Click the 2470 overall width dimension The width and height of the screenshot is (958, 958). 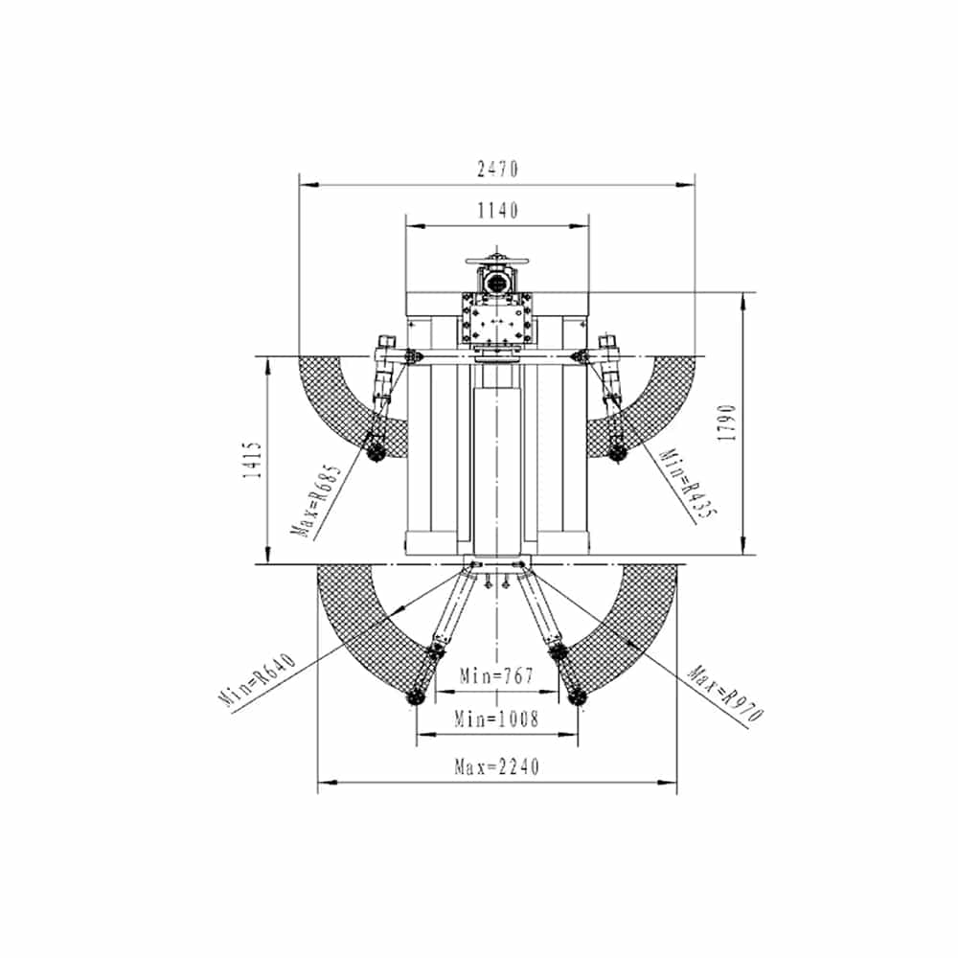pyautogui.click(x=497, y=169)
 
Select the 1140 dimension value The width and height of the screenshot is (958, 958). pyautogui.click(x=497, y=211)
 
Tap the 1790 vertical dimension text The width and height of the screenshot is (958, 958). pyautogui.click(x=728, y=422)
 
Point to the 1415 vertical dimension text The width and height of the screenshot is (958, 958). pyautogui.click(x=252, y=460)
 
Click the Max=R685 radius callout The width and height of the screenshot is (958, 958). pyautogui.click(x=318, y=502)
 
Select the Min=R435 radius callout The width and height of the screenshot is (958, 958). pyautogui.click(x=689, y=484)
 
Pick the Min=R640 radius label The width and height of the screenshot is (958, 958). pyautogui.click(x=257, y=679)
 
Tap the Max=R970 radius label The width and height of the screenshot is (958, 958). pyautogui.click(x=726, y=694)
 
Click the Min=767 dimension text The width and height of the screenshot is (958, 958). pyautogui.click(x=496, y=676)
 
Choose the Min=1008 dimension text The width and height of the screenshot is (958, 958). pyautogui.click(x=496, y=719)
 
